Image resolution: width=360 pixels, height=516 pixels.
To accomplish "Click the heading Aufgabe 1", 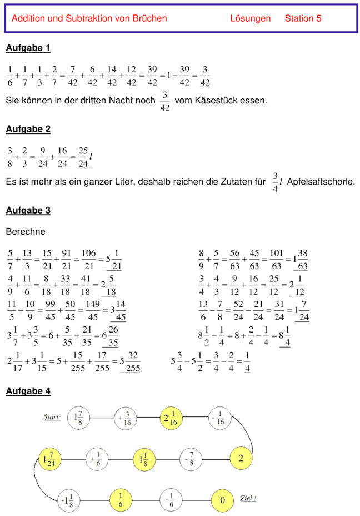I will coord(28,48).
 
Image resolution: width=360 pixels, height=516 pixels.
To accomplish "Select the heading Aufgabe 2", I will coord(28,130).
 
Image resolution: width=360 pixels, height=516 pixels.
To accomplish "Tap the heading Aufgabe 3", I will coord(28,211).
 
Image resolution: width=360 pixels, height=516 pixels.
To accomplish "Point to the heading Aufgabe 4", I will coord(28,391).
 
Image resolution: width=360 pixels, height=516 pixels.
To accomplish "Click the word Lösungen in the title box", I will coord(250,18).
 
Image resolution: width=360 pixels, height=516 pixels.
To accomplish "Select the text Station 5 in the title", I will coord(303,18).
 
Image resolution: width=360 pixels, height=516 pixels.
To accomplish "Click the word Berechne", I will coord(25,231).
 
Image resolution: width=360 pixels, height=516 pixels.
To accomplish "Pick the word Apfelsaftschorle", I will coord(321,182).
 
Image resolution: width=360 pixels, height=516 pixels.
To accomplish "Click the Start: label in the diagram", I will coord(52,417).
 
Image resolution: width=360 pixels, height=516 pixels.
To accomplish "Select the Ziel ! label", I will coord(248,498).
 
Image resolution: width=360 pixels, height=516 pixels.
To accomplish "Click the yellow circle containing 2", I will coord(241,459).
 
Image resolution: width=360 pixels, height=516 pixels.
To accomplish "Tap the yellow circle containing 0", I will coord(222,500).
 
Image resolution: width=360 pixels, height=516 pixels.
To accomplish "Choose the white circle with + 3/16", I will coord(126,418).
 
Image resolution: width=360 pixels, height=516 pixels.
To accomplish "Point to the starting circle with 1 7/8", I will coord(78,418).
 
